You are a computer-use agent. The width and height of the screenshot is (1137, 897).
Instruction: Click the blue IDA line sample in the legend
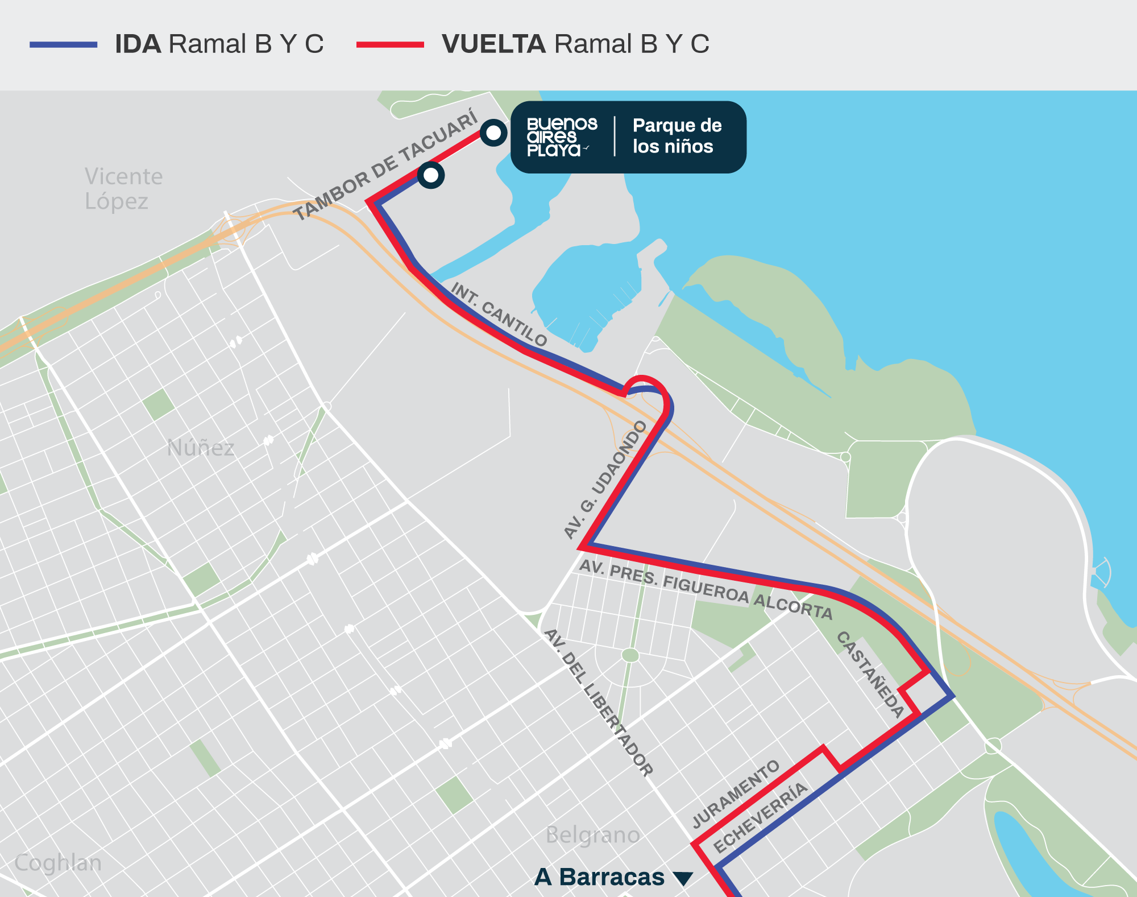[x=64, y=44]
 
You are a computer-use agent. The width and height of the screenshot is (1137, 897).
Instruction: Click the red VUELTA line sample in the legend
[x=390, y=44]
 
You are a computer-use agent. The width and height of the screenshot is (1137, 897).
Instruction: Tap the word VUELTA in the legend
[x=493, y=44]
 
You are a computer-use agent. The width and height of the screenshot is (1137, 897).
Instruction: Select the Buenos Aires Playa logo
[x=562, y=137]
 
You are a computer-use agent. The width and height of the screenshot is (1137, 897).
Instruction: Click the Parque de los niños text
[x=677, y=136]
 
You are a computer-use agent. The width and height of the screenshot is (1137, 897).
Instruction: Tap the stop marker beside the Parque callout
[x=493, y=133]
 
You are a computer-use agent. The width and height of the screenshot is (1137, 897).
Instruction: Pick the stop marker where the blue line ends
[x=431, y=175]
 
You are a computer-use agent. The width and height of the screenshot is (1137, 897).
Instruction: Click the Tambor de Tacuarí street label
[x=385, y=165]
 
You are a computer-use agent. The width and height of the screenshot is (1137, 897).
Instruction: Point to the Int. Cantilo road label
[x=499, y=315]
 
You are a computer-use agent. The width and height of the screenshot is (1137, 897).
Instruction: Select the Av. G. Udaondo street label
[x=605, y=479]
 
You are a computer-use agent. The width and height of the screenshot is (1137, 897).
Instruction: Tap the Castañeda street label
[x=870, y=674]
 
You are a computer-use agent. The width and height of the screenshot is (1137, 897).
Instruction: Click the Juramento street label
[x=736, y=794]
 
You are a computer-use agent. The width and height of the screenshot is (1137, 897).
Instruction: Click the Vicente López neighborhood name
[x=123, y=189]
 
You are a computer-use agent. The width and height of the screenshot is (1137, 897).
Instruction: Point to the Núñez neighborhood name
[x=200, y=448]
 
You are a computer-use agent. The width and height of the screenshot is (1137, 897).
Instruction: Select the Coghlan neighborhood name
[x=58, y=863]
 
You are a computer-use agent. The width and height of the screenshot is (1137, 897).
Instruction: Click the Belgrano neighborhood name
[x=592, y=835]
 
